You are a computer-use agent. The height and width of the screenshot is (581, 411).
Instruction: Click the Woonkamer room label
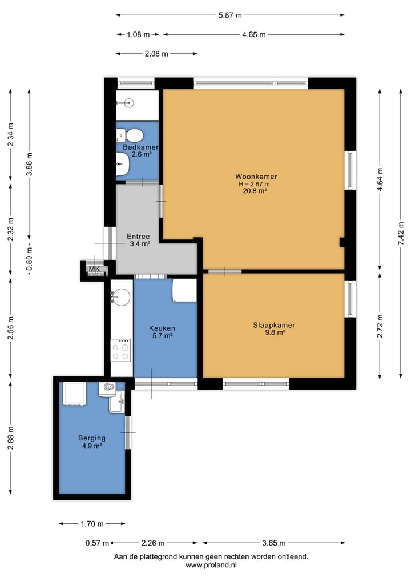256,177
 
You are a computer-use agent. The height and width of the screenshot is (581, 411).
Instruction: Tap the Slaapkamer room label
274,325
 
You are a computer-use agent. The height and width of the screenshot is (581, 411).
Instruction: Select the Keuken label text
162,328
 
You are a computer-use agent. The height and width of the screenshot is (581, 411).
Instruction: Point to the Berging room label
92,438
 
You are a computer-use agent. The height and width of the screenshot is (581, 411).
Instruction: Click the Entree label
138,237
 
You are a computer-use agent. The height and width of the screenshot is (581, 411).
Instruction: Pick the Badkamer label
140,147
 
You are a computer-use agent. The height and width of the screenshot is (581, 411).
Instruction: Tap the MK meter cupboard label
94,269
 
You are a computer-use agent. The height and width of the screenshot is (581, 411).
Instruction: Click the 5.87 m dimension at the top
230,15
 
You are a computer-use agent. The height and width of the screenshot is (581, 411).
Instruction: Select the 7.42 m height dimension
401,233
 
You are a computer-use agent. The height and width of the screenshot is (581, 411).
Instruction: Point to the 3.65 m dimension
274,543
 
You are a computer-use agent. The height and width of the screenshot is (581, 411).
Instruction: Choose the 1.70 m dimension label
92,524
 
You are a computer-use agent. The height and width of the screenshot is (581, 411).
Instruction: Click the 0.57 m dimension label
98,543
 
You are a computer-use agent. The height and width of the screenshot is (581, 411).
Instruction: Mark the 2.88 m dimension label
10,438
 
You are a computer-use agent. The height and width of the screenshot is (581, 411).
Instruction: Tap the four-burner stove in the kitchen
120,350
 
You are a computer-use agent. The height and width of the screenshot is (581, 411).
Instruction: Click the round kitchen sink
120,297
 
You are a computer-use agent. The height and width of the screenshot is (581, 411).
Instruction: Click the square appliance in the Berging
75,394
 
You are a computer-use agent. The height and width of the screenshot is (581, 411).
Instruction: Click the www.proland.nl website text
211,565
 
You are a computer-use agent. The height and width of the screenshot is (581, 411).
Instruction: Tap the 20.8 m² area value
255,191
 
